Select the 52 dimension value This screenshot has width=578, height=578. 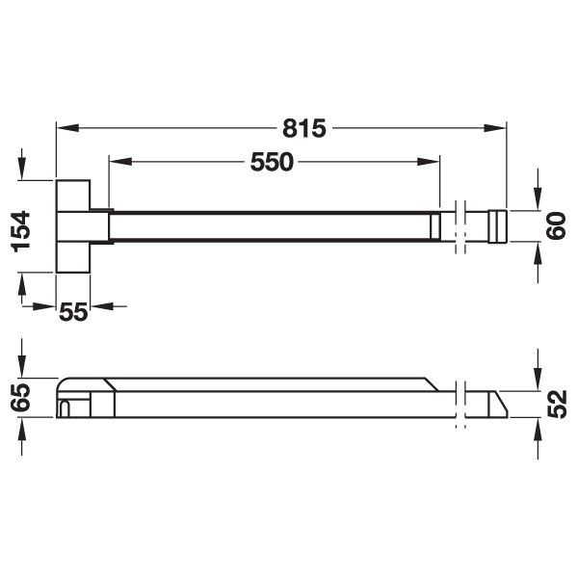(556, 405)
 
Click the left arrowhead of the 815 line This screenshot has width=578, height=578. (64, 127)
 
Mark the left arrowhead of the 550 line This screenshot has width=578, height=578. (116, 163)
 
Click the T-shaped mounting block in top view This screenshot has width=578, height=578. (75, 226)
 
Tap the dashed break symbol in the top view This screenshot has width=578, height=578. (461, 226)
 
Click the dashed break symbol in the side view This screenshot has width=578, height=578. (461, 404)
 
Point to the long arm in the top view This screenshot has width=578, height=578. (270, 226)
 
